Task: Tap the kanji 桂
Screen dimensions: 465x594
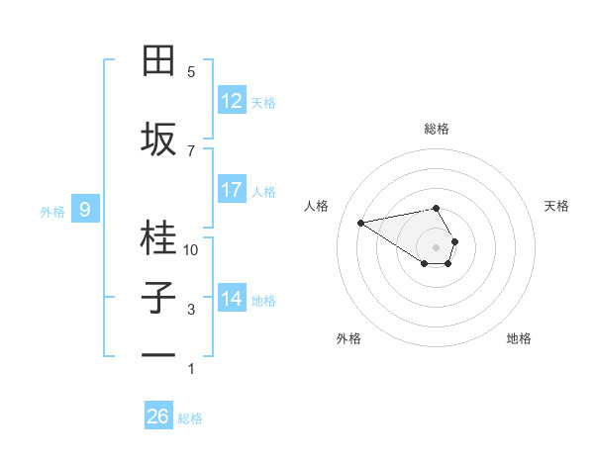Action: [x=159, y=238]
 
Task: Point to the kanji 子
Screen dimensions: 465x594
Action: [x=159, y=298]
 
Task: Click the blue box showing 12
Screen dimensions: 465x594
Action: [x=232, y=101]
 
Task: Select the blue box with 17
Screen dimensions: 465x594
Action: [x=232, y=190]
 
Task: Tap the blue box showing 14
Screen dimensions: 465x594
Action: [x=232, y=299]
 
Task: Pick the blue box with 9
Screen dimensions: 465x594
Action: [x=85, y=210]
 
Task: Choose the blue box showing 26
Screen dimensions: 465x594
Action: [x=158, y=417]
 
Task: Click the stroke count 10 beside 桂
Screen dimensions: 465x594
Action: [x=191, y=250]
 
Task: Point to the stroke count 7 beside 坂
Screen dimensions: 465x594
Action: [x=191, y=150]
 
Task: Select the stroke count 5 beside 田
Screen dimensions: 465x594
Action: [x=191, y=72]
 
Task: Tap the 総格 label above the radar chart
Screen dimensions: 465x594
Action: [x=436, y=129]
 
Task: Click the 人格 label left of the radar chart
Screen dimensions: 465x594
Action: [x=316, y=206]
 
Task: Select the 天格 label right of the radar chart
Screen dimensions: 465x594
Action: [x=556, y=206]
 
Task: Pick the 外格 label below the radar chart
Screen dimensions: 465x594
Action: [x=348, y=338]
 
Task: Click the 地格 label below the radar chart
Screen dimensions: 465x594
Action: [x=519, y=338]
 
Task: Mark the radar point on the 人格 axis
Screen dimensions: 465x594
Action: [x=360, y=222]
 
